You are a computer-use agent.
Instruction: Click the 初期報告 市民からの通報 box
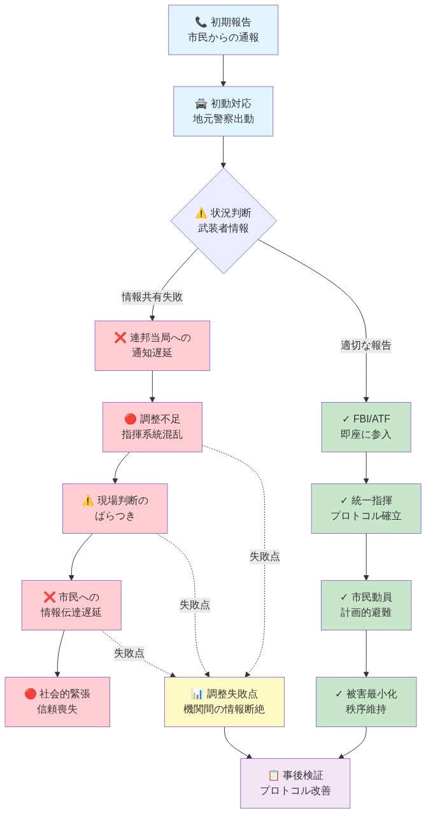(223, 30)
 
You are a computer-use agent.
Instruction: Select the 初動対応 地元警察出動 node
(223, 111)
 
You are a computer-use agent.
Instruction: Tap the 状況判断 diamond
(223, 221)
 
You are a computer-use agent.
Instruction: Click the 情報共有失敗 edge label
(152, 296)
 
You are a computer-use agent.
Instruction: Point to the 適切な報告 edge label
(366, 345)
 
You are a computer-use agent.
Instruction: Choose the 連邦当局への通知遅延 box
(152, 345)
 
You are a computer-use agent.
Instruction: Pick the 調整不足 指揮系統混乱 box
(152, 427)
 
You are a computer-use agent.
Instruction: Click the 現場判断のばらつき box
(115, 508)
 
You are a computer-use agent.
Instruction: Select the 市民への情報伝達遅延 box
(71, 605)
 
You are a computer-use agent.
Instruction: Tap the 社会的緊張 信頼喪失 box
(57, 702)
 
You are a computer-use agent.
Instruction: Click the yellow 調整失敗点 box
(224, 702)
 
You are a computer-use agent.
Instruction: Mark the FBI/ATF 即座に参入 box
(366, 427)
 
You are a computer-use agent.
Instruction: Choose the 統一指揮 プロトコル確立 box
(366, 508)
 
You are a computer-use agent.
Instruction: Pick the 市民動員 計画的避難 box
(366, 605)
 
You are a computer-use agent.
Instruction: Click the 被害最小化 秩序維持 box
(366, 702)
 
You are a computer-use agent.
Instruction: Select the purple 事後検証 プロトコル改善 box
(295, 783)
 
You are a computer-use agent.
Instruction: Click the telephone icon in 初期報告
(201, 22)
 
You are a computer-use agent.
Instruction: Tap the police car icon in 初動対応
(201, 104)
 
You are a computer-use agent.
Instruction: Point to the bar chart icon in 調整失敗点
(197, 694)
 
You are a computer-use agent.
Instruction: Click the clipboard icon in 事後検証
(274, 775)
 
